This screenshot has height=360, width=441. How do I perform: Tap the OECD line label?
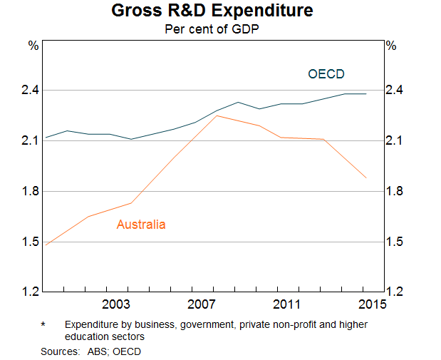[326, 73]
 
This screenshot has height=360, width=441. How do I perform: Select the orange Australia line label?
[141, 225]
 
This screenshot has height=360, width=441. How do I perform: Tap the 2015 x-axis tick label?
[370, 304]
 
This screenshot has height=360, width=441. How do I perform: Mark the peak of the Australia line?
[217, 115]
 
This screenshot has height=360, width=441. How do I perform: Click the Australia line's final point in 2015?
[366, 178]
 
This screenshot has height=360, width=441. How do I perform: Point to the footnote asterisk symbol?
[43, 324]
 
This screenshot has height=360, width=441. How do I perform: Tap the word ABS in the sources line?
[95, 351]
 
